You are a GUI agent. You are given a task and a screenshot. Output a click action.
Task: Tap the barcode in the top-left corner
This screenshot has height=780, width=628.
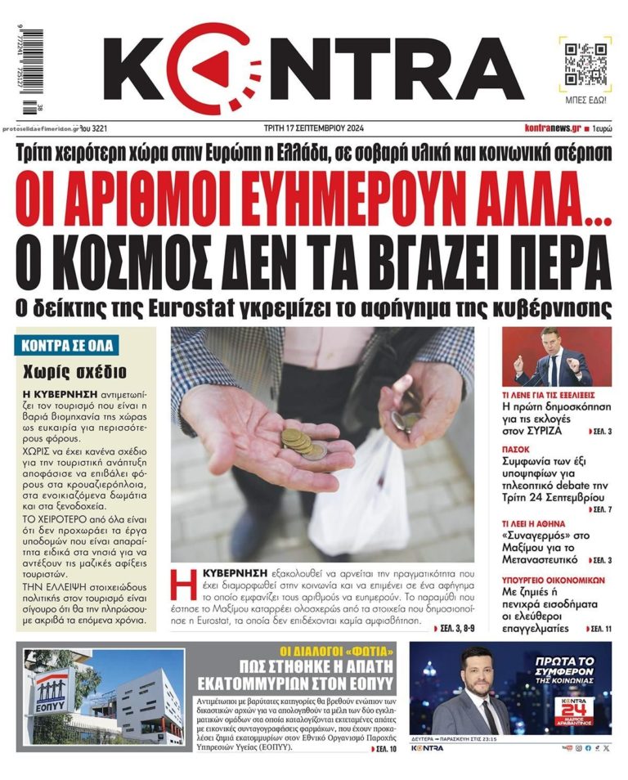pyautogui.click(x=30, y=73)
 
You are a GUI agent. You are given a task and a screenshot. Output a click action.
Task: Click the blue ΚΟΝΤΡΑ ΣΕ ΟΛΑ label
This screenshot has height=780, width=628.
pyautogui.click(x=67, y=345)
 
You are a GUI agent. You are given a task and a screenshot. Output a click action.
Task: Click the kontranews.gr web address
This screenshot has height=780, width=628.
pyautogui.click(x=553, y=128)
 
